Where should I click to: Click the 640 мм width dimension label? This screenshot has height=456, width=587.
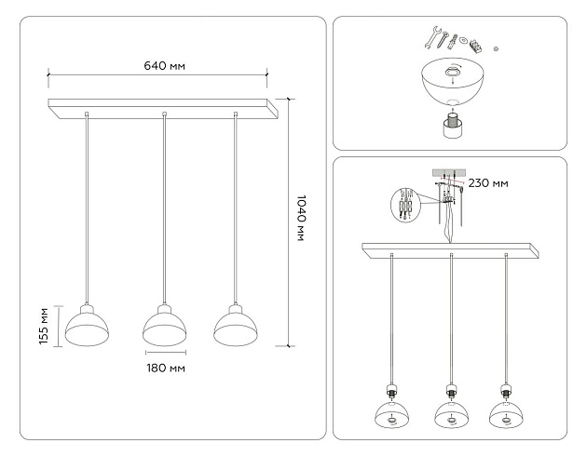[164, 66]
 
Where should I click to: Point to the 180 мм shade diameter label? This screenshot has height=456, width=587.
[165, 369]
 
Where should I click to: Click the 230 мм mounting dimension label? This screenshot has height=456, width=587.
[487, 183]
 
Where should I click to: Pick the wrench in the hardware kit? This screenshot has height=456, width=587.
[434, 38]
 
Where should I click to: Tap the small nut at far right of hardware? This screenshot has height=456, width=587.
[497, 47]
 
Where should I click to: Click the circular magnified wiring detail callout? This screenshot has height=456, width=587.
[403, 206]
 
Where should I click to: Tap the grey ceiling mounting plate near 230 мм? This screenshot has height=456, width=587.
[449, 172]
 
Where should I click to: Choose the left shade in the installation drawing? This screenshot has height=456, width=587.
[392, 415]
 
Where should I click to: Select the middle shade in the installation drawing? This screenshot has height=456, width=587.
[450, 415]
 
